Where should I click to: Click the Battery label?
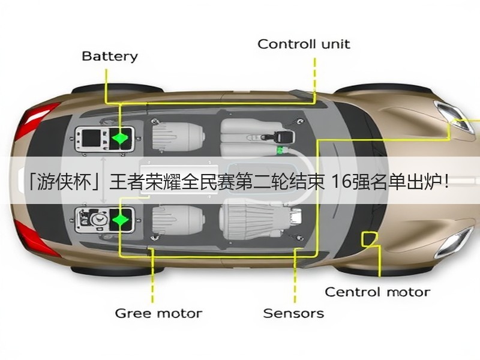tap(110, 57)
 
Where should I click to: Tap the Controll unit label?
tap(304, 44)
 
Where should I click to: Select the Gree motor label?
tap(158, 313)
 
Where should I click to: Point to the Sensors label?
tap(293, 313)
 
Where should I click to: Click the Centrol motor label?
tap(377, 292)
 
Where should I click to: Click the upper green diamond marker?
tap(119, 138)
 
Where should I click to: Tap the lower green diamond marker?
tap(121, 220)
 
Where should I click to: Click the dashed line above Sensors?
tap(295, 275)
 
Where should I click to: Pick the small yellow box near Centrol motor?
tap(370, 239)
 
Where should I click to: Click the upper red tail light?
tap(36, 120)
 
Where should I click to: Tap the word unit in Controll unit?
tap(335, 44)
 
